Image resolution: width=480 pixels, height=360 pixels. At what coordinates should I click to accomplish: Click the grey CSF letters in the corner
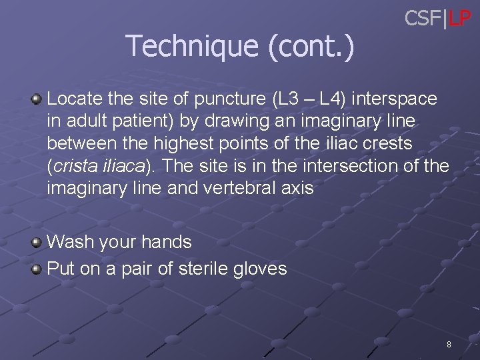423,19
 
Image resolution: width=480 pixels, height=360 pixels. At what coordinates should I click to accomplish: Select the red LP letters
459,19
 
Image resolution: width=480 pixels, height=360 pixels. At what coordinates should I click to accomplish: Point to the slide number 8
449,345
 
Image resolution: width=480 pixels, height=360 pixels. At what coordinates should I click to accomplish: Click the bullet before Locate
37,99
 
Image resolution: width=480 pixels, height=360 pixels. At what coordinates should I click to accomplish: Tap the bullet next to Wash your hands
37,242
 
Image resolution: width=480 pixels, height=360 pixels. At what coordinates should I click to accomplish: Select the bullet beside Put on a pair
37,269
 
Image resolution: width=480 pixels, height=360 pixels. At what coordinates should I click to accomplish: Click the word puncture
230,100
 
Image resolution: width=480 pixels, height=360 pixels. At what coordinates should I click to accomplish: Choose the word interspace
395,99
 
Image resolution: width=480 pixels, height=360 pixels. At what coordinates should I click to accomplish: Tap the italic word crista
77,166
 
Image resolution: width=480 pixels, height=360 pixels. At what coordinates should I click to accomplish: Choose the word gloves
261,269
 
